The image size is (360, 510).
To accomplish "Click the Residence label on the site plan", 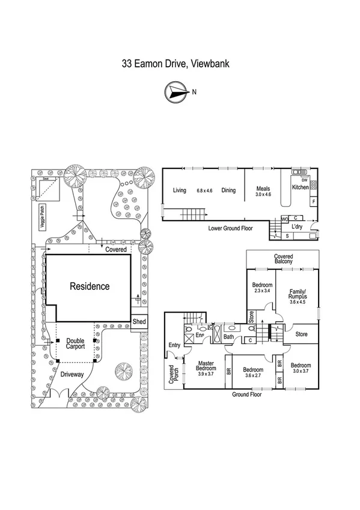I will pyautogui.click(x=90, y=286).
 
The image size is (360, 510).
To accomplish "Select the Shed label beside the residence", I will pyautogui.click(x=139, y=321).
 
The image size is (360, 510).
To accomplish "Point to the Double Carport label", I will pyautogui.click(x=75, y=343).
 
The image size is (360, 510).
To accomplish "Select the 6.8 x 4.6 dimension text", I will pyautogui.click(x=205, y=191).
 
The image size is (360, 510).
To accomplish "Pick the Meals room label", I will pyautogui.click(x=263, y=188).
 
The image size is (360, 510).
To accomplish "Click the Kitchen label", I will pyautogui.click(x=301, y=188).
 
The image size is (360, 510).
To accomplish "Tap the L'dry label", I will pyautogui.click(x=297, y=227).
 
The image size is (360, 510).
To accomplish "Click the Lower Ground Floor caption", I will pyautogui.click(x=231, y=229).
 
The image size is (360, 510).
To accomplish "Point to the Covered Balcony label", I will pyautogui.click(x=284, y=259).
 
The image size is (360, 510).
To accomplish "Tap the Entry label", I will pyautogui.click(x=174, y=345).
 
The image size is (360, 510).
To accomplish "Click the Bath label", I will pyautogui.click(x=228, y=337).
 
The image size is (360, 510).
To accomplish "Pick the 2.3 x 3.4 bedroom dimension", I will pyautogui.click(x=263, y=292).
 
